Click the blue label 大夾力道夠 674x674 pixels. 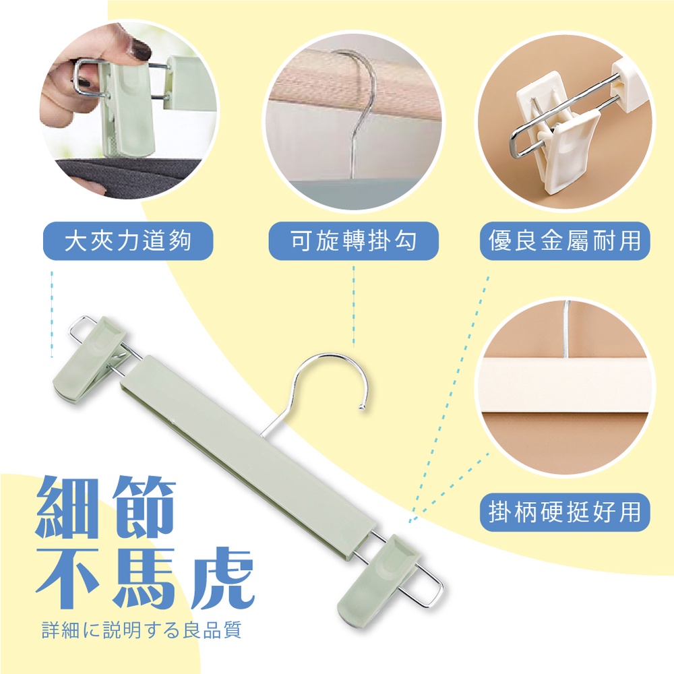[x=128, y=241]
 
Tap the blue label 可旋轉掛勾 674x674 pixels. [x=353, y=241]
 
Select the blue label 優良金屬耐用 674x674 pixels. [x=565, y=241]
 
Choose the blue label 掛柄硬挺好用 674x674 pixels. [x=565, y=512]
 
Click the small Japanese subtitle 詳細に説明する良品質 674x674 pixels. [x=142, y=630]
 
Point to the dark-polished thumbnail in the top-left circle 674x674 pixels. [x=142, y=53]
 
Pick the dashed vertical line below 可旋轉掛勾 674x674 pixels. [x=353, y=306]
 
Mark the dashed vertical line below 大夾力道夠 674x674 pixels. [x=52, y=314]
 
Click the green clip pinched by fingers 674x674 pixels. [x=123, y=107]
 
